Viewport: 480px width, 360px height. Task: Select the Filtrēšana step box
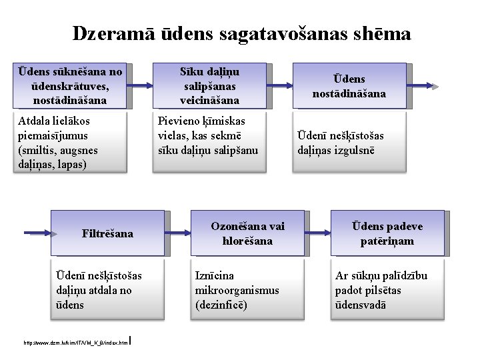tap(107, 234)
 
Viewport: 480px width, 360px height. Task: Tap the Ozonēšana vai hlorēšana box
tap(247, 233)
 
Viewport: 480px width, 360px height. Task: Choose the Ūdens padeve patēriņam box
tap(387, 233)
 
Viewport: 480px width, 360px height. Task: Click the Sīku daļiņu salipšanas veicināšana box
tap(210, 86)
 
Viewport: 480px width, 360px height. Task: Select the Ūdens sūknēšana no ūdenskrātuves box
tap(71, 86)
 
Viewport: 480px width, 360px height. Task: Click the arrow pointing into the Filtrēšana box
tap(37, 234)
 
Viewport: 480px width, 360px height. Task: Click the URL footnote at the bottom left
tap(75, 343)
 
